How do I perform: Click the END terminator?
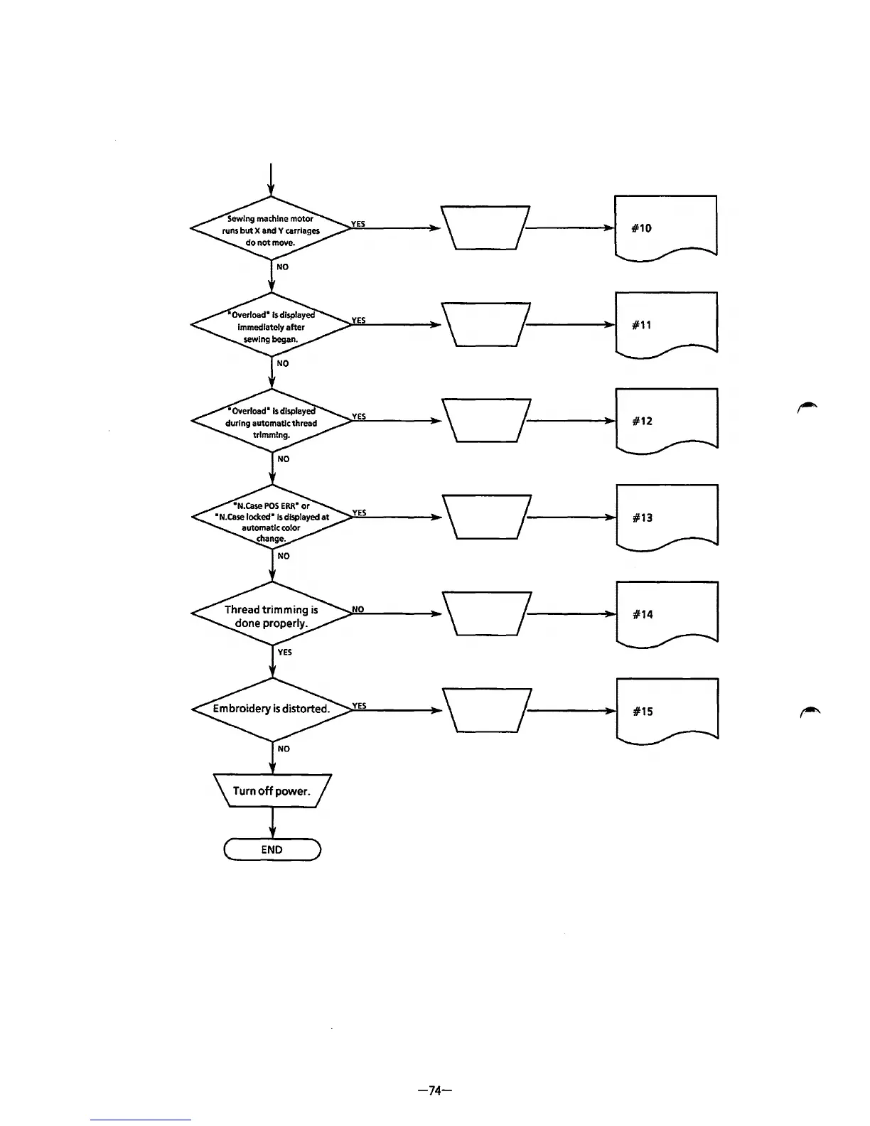pyautogui.click(x=272, y=849)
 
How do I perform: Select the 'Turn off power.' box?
pyautogui.click(x=272, y=791)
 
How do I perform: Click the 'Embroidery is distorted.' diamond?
pyautogui.click(x=272, y=709)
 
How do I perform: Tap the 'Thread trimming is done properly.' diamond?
pyautogui.click(x=272, y=616)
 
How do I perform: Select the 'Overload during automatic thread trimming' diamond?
pyautogui.click(x=272, y=423)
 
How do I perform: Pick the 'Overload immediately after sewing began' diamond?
pyautogui.click(x=272, y=327)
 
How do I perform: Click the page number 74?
pyautogui.click(x=436, y=1090)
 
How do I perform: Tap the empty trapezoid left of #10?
pyautogui.click(x=485, y=227)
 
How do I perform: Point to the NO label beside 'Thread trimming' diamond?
pyautogui.click(x=358, y=609)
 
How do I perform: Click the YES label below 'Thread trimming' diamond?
pyautogui.click(x=285, y=652)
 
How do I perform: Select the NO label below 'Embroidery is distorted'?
pyautogui.click(x=284, y=749)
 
